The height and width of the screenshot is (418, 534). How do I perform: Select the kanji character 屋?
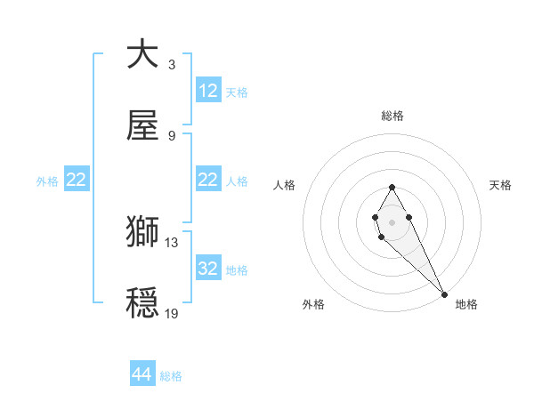pos(142,126)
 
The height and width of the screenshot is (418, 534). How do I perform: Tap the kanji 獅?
pos(142,231)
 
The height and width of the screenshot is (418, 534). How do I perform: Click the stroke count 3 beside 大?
pos(172,64)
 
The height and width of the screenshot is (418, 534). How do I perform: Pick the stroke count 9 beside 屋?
pos(172,136)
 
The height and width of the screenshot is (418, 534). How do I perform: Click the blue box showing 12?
pos(208,91)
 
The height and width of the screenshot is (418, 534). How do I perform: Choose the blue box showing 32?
pos(208,269)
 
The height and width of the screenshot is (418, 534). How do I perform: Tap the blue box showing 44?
pos(142,375)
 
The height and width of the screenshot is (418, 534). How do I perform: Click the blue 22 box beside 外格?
pos(77,181)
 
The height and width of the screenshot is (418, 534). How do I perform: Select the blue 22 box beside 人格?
pos(208,181)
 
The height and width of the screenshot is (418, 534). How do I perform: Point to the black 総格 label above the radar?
pos(392,116)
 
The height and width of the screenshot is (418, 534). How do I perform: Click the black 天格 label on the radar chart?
pos(500,185)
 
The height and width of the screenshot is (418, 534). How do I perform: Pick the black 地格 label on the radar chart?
pos(466,304)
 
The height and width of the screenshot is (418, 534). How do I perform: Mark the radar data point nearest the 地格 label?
pos(444,294)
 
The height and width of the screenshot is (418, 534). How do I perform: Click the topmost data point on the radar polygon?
pos(392,187)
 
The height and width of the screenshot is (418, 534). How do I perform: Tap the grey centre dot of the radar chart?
pos(392,221)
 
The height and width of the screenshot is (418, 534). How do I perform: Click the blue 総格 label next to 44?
pos(171,376)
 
